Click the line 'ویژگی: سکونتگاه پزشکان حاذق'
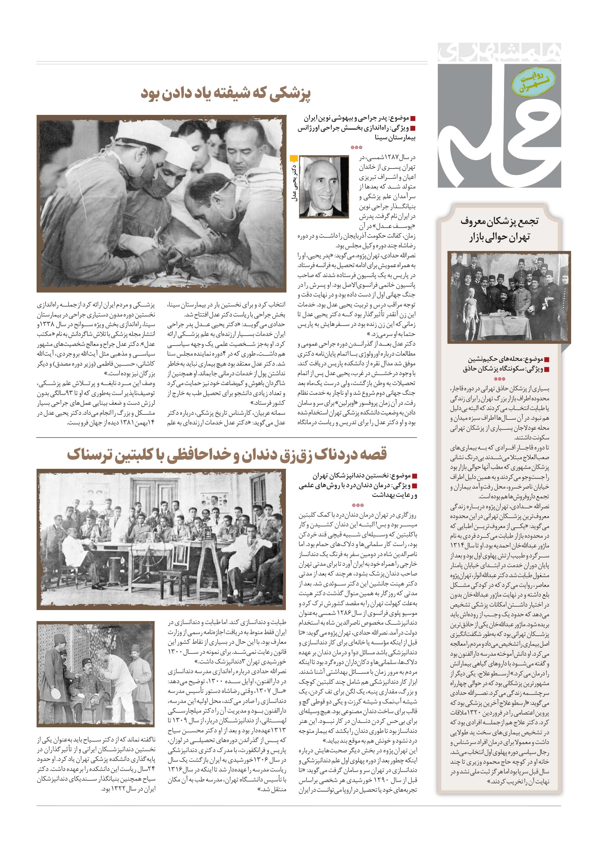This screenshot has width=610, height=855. point(505,369)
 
